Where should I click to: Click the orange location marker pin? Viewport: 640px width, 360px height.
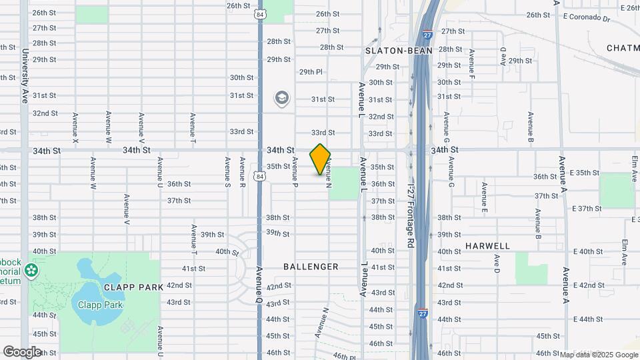pos(320,159)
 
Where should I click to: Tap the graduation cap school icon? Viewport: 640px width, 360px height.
pos(281,99)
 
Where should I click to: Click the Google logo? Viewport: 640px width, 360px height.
pos(22,352)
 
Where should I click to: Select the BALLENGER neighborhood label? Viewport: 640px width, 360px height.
pos(311,267)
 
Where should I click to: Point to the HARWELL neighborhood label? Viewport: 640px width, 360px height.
pos(487,246)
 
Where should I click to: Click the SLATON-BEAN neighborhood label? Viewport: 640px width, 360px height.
pos(399,51)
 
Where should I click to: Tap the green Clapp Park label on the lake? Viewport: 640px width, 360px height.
pos(100,305)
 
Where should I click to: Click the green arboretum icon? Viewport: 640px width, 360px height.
pos(31,271)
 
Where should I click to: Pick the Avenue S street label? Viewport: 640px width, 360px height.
pos(227,173)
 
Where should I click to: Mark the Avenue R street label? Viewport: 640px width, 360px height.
pos(242,173)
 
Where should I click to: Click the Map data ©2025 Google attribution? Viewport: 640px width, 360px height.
pos(599,355)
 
